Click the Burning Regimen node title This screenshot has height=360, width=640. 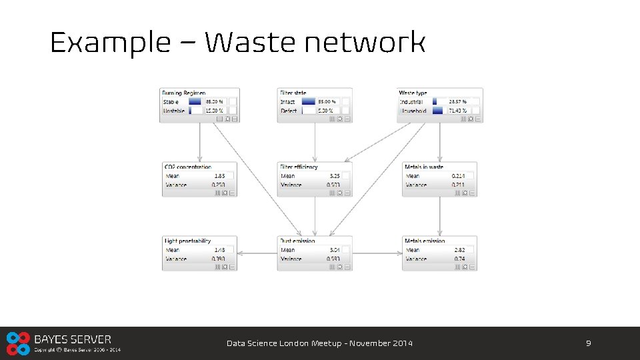click(184, 93)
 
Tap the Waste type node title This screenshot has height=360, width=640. click(413, 93)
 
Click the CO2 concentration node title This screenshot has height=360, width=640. click(187, 167)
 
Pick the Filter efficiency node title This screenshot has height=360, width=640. click(299, 167)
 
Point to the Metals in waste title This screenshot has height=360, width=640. click(424, 167)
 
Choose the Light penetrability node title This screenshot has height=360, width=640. click(187, 241)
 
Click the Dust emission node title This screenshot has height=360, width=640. click(297, 241)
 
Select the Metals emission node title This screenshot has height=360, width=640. click(425, 241)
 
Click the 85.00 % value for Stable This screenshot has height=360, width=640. click(214, 102)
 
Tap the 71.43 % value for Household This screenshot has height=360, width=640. click(458, 111)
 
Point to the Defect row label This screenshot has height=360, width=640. click(289, 111)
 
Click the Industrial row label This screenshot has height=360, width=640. click(411, 102)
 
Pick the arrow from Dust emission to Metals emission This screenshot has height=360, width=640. click(377, 253)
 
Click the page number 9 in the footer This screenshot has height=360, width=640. click(588, 343)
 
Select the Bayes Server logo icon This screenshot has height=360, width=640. click(18, 343)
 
